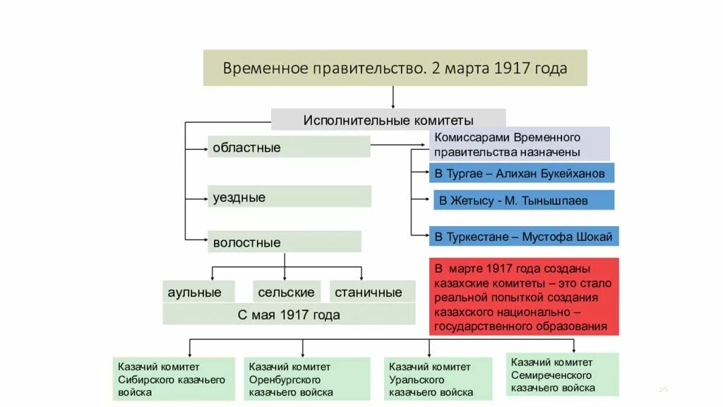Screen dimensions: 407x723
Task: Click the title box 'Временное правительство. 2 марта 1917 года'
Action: (x=395, y=68)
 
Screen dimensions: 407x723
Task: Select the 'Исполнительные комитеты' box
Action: (x=388, y=120)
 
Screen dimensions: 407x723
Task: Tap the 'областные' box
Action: (x=289, y=148)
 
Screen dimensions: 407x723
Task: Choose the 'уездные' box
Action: (x=289, y=197)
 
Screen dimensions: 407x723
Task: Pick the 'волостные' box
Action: (x=284, y=242)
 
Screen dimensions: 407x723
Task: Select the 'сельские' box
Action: (x=287, y=292)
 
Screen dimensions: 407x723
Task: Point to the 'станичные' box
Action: (x=369, y=292)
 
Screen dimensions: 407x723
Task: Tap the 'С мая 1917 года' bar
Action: (x=289, y=314)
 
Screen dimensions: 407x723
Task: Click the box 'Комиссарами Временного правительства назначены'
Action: (x=520, y=144)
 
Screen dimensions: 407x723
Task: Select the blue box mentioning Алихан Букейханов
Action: (x=521, y=174)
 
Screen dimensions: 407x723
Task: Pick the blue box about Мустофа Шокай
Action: (x=523, y=237)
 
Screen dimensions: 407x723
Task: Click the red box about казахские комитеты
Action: (x=523, y=296)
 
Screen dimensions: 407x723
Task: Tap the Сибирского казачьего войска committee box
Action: (x=174, y=379)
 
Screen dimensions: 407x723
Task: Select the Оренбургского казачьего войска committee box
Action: (x=307, y=379)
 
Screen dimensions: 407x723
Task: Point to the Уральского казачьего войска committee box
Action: (x=439, y=379)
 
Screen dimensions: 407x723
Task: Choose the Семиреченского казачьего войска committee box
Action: (x=563, y=374)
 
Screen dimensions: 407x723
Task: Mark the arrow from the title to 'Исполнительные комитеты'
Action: (x=393, y=98)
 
